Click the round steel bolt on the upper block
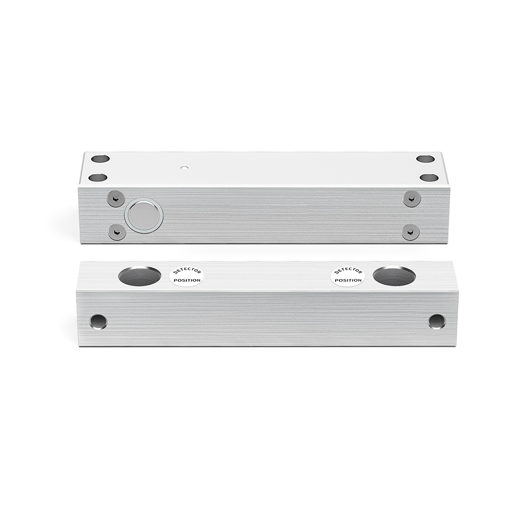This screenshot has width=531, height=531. point(144,216)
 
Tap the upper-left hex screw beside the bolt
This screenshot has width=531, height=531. point(115,199)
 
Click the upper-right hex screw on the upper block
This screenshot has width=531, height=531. point(411,199)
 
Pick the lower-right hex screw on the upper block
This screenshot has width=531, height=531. point(411,232)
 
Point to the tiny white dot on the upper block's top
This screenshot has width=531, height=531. point(185,167)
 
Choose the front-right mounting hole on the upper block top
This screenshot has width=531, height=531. point(429,177)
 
